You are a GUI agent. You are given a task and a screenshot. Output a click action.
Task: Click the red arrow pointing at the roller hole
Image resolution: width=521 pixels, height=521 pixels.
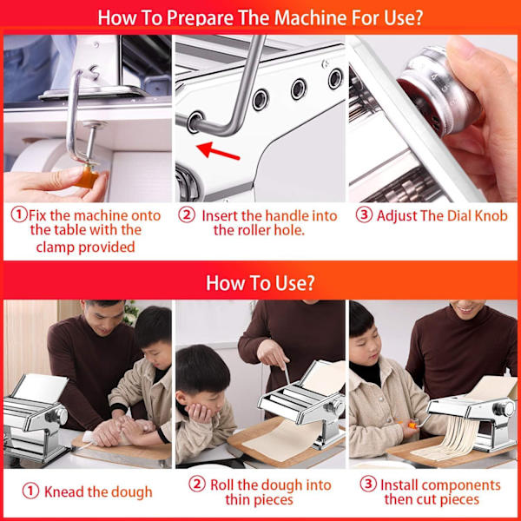[218, 150]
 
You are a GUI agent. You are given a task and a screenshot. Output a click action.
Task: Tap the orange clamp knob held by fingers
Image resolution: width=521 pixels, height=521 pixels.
[87, 176]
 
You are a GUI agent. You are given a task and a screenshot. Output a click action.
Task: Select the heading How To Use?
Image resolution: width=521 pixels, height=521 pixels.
[260, 283]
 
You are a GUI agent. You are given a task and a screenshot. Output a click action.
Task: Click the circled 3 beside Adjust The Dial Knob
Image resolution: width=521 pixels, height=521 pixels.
[364, 215]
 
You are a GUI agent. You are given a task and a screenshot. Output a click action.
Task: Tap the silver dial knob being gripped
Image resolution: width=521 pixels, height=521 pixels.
[439, 92]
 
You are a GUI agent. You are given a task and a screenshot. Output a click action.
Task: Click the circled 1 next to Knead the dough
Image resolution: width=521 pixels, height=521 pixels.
[30, 491]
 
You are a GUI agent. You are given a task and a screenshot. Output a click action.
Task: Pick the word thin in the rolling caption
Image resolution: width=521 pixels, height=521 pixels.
[237, 499]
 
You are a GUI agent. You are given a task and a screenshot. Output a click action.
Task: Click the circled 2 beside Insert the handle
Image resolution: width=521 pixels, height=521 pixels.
[187, 214]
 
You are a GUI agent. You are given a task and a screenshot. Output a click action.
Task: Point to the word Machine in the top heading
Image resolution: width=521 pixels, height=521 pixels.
[311, 17]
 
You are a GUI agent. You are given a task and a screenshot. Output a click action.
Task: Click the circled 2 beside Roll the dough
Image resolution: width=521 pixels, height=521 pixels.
[197, 484]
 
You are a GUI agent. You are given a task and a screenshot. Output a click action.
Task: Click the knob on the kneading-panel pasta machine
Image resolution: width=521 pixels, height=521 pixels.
[57, 415]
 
